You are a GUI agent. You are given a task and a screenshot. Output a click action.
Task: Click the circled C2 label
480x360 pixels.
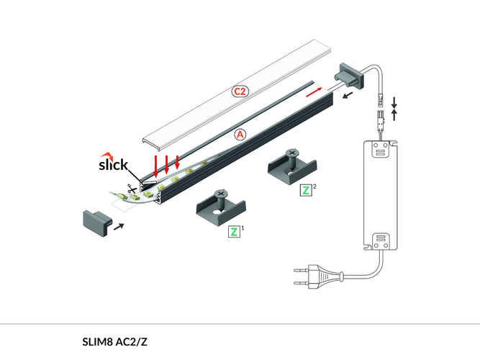click(x=240, y=91)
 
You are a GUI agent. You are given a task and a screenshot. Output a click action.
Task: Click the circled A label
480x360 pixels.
click(x=240, y=134)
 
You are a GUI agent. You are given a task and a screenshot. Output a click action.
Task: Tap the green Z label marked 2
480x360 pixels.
click(x=306, y=191)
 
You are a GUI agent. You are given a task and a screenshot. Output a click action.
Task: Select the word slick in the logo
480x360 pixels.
click(x=113, y=166)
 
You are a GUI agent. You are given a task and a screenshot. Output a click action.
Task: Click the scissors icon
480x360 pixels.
click(x=133, y=191)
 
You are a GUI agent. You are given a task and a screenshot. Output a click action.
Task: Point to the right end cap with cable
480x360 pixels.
click(x=348, y=75)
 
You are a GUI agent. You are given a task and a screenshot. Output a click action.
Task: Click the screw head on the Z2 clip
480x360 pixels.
click(x=292, y=153)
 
